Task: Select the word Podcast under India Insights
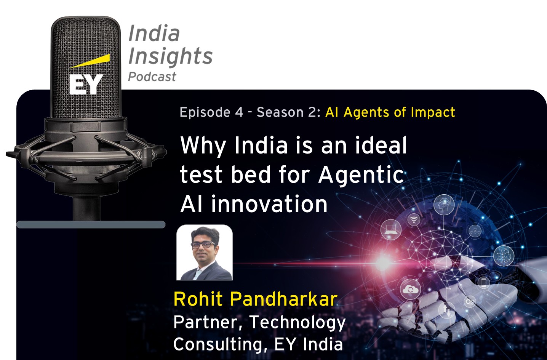[x=152, y=77]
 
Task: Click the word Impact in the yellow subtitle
[x=433, y=112]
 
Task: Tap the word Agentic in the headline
[x=361, y=176]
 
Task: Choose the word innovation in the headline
[x=269, y=204]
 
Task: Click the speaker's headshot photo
[x=205, y=252]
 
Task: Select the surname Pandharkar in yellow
[x=284, y=299]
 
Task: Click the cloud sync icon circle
[x=410, y=290]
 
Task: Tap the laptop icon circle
[x=391, y=229]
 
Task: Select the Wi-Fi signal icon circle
[x=414, y=219]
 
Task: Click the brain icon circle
[x=504, y=256]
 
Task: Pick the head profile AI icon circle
[x=444, y=205]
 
